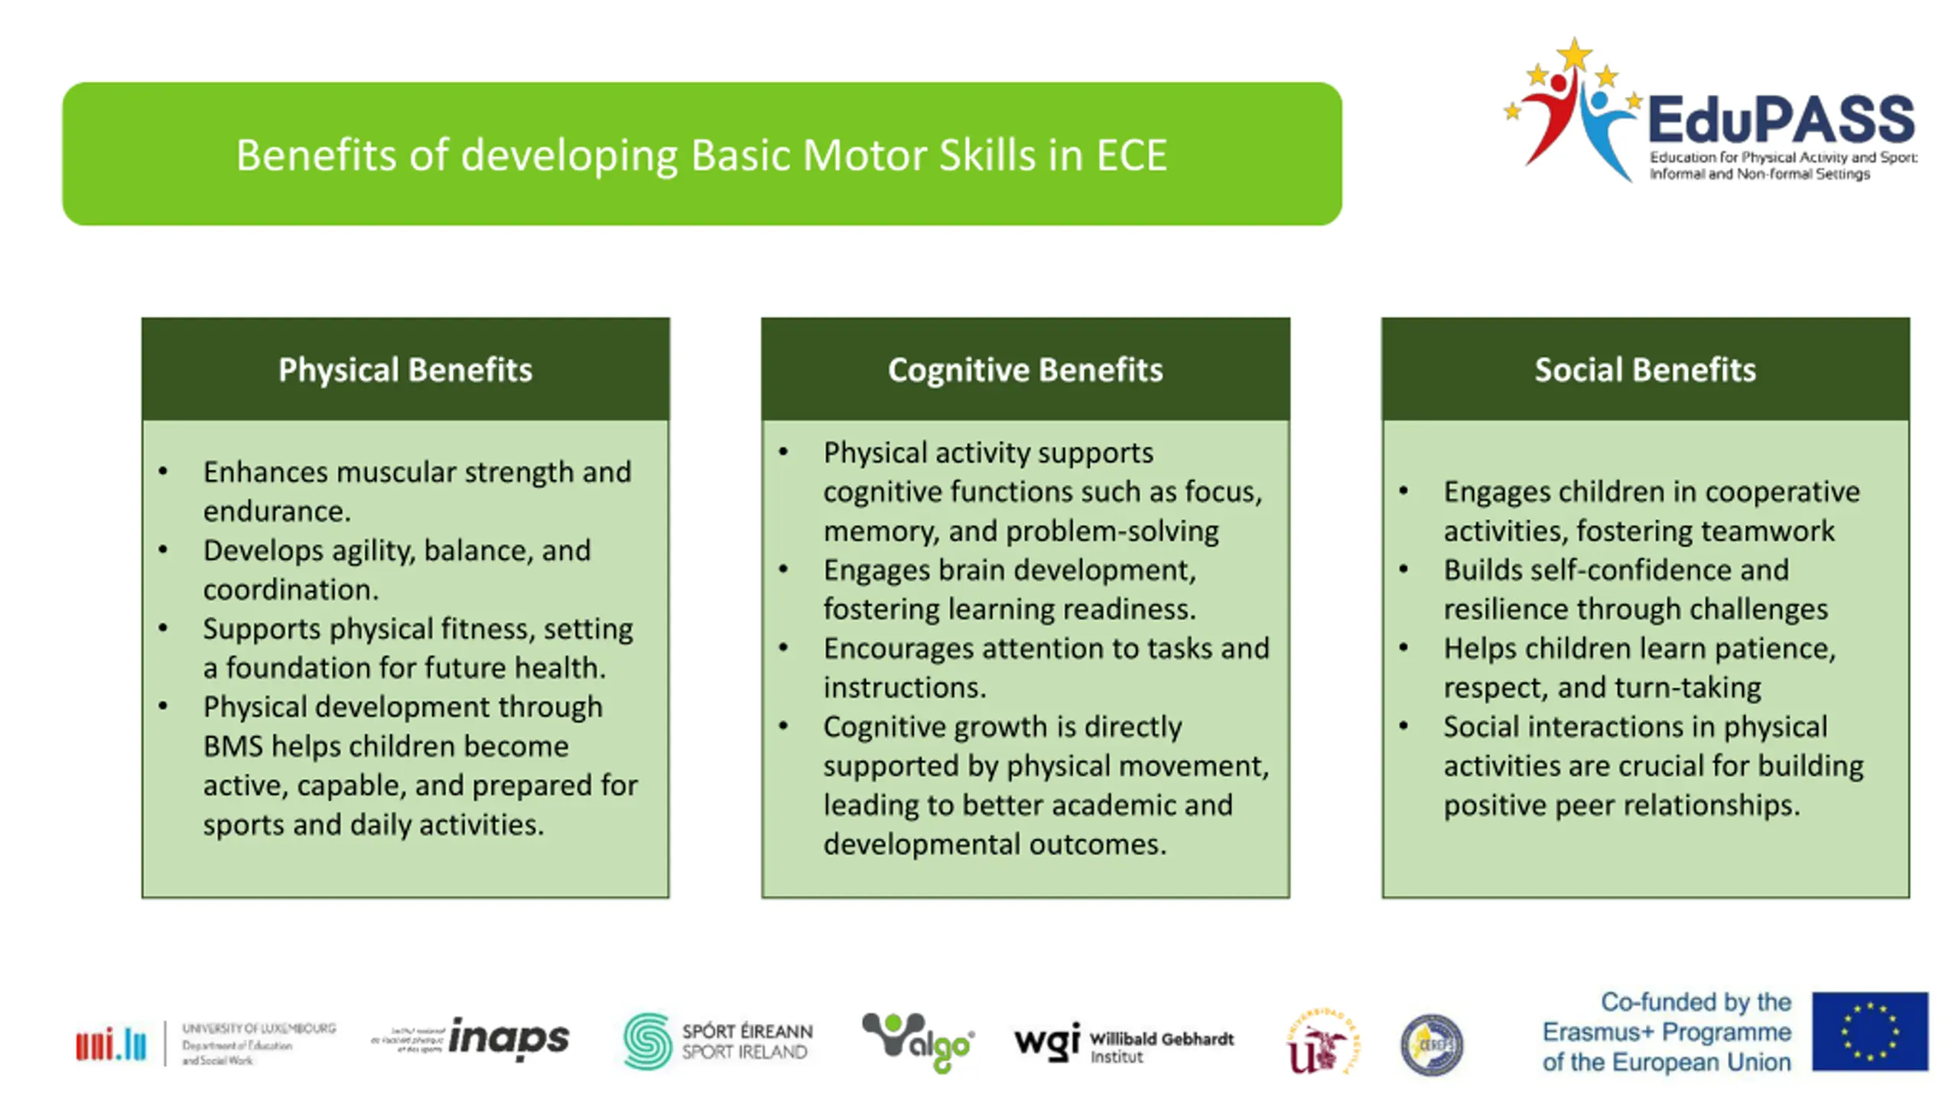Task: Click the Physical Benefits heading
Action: coord(405,370)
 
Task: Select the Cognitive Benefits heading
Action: coord(1025,370)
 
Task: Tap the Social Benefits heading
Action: coord(1645,370)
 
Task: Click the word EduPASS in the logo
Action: coord(1781,120)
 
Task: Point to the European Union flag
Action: coord(1870,1031)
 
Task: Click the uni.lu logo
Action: coord(111,1044)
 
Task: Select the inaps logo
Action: coord(509,1038)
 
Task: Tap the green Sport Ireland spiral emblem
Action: coord(647,1041)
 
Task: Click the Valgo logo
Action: coord(918,1041)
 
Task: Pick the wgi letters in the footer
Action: coord(1046,1041)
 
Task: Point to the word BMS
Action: coord(233,746)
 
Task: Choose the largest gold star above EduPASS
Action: coord(1574,55)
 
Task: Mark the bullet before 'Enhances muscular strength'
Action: coord(163,472)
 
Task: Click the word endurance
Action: coord(276,512)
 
